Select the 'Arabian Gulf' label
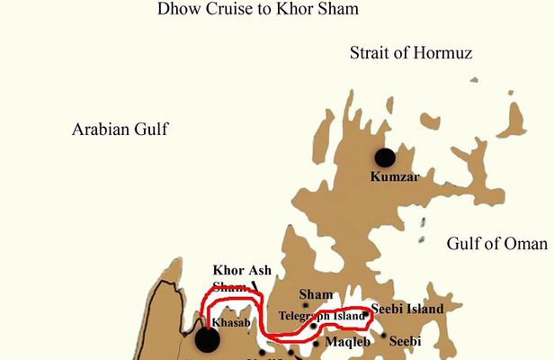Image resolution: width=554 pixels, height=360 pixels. point(120,130)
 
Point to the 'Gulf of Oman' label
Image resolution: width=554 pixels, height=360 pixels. point(496,244)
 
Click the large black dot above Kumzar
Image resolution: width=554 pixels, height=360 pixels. point(385,158)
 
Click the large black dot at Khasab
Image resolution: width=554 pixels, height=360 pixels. point(207,339)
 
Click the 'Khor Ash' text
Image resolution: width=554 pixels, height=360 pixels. point(242,270)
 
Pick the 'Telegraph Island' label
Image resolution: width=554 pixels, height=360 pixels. point(322,317)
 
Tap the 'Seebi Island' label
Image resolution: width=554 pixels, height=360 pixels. point(407,309)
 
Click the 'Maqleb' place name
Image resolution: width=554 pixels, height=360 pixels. point(346,341)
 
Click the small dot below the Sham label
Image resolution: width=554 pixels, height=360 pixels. point(305,306)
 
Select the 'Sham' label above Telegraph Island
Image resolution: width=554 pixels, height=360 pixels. point(316,294)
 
